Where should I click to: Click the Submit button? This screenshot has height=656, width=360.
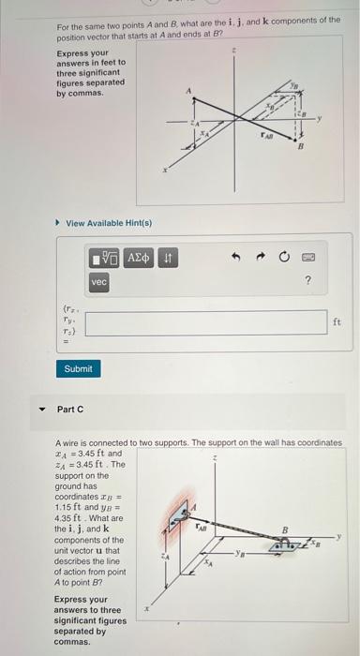(x=78, y=368)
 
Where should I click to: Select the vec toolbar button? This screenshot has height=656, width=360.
(x=99, y=281)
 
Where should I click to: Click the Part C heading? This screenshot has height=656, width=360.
(x=70, y=409)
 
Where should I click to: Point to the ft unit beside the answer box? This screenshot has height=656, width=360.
(x=337, y=321)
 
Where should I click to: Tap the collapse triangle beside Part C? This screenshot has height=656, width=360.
(x=39, y=410)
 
